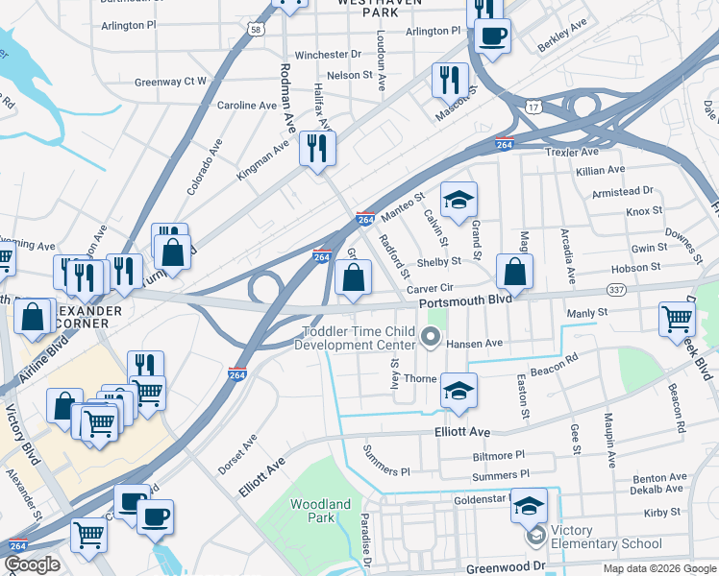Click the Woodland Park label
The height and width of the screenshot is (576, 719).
320,511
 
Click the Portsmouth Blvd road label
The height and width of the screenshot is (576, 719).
464,301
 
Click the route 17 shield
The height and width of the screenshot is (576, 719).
533,108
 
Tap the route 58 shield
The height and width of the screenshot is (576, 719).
255,31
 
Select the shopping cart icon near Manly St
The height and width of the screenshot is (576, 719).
677,319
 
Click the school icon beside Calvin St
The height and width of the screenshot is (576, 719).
459,201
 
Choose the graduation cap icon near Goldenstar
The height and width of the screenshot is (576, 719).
529,505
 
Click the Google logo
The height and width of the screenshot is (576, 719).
32,564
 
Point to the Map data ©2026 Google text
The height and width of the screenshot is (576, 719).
658,568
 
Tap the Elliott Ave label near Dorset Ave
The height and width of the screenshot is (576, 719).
262,476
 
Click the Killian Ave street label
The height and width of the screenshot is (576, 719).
601,170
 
